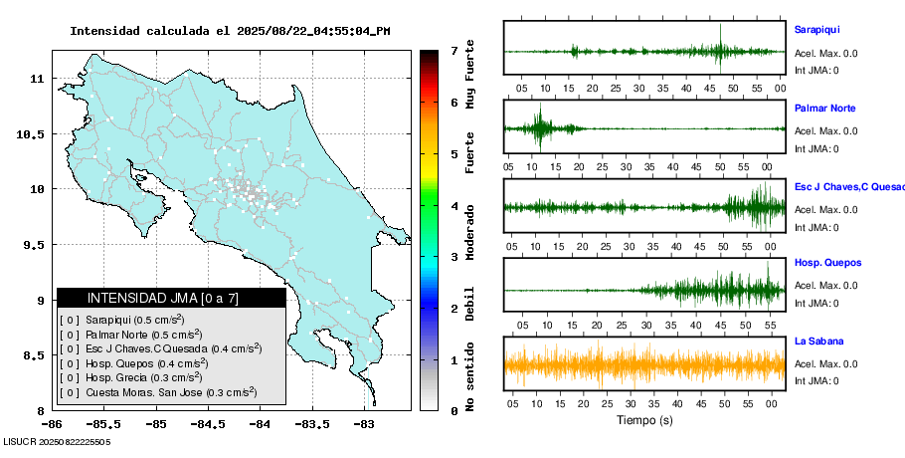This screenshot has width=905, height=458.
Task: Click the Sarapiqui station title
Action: point(816,30)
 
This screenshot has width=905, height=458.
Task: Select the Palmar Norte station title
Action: point(824,108)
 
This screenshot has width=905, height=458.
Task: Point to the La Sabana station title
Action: point(816,341)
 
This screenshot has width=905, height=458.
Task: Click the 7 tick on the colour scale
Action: point(453,50)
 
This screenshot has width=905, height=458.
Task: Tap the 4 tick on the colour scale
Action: point(453,205)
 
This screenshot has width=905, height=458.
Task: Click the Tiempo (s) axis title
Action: point(643,419)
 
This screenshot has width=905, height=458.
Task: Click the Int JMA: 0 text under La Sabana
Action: point(816,381)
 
